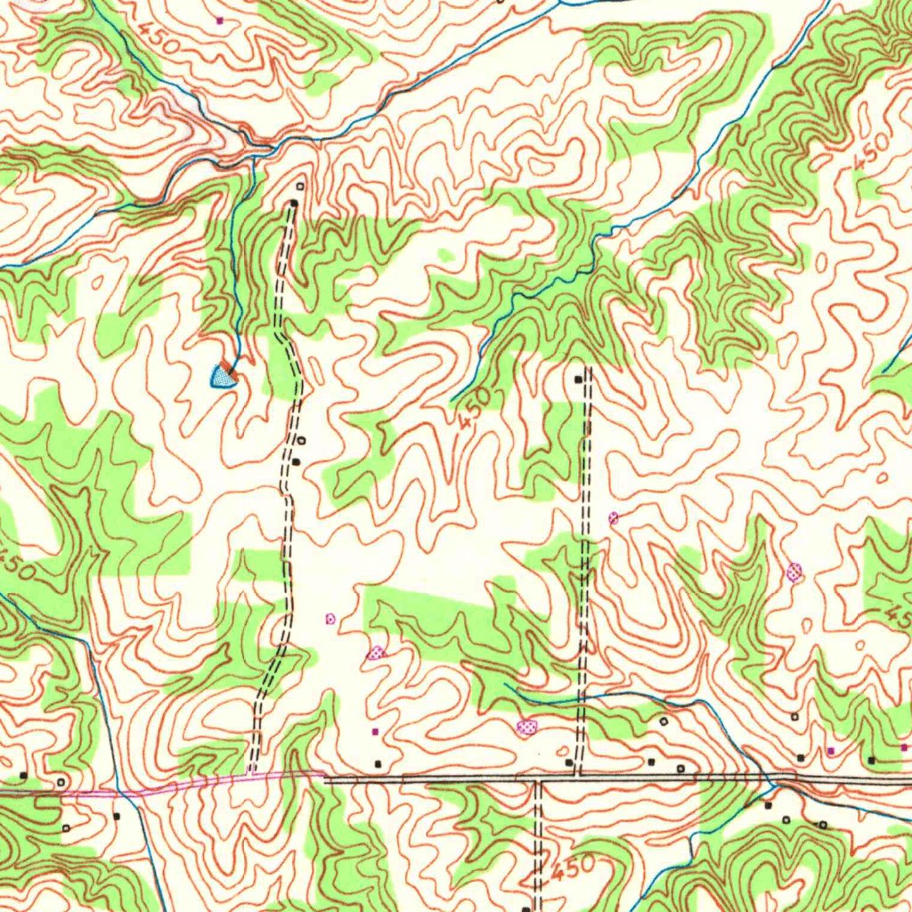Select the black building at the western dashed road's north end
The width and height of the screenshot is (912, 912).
[x=294, y=204]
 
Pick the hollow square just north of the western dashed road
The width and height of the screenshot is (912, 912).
[x=299, y=186]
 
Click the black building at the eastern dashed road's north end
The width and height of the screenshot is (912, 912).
[x=578, y=379]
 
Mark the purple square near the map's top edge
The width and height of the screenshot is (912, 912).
[x=220, y=19]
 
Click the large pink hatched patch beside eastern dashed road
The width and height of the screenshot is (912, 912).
[x=527, y=728]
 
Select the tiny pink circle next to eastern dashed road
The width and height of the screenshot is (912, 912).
[x=613, y=517]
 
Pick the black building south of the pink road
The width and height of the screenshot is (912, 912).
[x=116, y=815]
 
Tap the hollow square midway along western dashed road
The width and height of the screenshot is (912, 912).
[x=301, y=440]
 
